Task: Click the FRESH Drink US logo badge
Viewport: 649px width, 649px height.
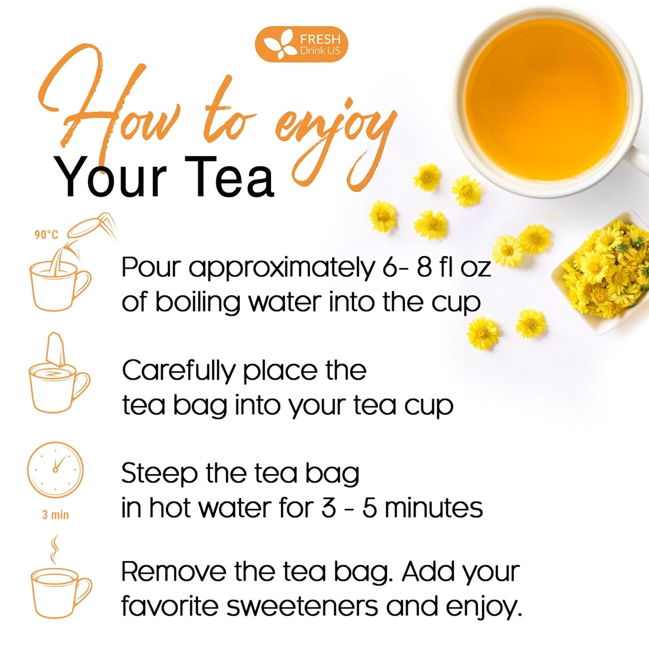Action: (x=301, y=44)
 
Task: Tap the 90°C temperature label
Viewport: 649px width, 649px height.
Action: (x=46, y=235)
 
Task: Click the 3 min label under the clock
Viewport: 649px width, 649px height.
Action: (x=56, y=515)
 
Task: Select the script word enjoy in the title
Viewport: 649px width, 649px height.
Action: (x=332, y=135)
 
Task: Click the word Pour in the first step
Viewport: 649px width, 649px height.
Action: (x=150, y=268)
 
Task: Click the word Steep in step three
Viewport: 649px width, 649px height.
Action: (x=159, y=473)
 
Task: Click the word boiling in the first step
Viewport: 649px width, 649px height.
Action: (x=198, y=303)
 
